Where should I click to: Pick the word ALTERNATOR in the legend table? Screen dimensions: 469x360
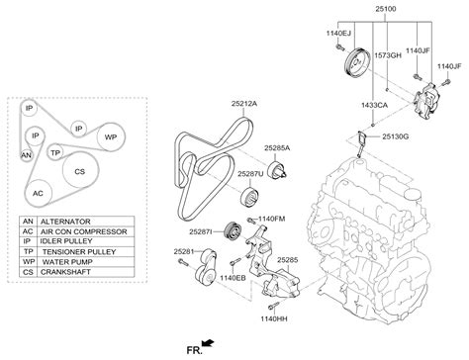(65, 222)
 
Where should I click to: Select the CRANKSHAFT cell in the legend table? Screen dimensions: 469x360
(65, 272)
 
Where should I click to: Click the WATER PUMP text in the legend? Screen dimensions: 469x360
(67, 262)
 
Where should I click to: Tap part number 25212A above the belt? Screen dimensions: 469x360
(244, 104)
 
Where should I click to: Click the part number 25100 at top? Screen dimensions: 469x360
(386, 9)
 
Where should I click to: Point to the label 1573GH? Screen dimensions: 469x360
(388, 55)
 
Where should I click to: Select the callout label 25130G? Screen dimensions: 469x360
(396, 136)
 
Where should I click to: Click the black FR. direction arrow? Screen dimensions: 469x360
(208, 343)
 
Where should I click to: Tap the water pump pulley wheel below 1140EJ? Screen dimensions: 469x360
(356, 63)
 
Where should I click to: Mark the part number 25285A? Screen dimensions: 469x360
(277, 148)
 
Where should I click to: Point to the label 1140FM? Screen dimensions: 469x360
(271, 219)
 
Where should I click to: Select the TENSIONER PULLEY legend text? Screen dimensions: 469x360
(79, 252)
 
